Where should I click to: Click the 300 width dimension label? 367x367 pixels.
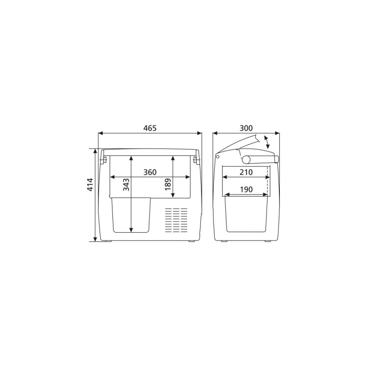(246, 128)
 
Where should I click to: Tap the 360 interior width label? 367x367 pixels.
(150, 172)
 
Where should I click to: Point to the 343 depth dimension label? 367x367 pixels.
(127, 184)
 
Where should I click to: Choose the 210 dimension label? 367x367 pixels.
(245, 172)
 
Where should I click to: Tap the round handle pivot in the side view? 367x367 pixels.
(246, 159)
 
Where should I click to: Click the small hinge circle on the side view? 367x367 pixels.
(218, 156)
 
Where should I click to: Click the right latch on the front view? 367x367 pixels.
(197, 160)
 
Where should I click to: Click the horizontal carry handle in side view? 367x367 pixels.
(261, 160)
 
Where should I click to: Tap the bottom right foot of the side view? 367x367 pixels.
(267, 241)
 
